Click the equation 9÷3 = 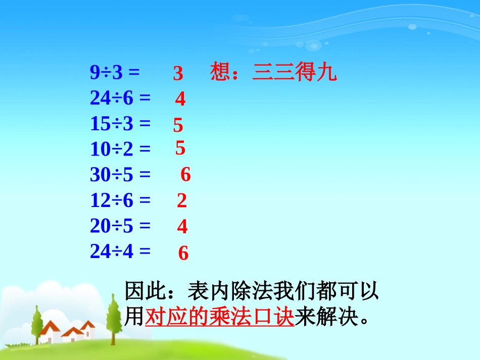point(115,73)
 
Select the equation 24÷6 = point(120,98)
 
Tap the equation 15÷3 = point(120,124)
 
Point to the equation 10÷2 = point(120,149)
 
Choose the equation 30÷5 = point(120,175)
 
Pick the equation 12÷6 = point(120,201)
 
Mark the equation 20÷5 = point(120,226)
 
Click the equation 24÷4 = point(120,251)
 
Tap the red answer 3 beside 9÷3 point(178,74)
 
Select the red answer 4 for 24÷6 point(180,99)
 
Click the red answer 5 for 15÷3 point(178,125)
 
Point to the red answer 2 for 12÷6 point(182,201)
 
